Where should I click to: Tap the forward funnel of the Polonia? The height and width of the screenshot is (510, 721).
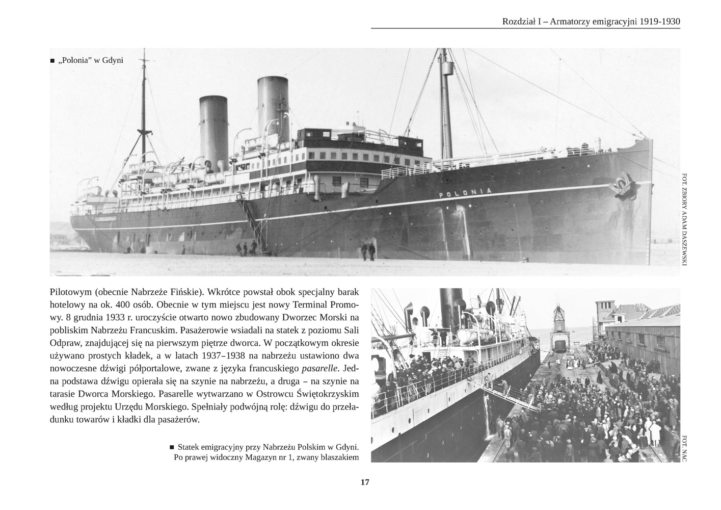click(x=273, y=105)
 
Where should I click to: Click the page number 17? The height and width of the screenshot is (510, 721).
click(x=365, y=482)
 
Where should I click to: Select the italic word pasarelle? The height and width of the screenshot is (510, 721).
click(x=320, y=368)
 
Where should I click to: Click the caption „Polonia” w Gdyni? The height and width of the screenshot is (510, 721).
click(x=91, y=60)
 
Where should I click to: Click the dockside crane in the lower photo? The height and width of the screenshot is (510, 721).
click(x=559, y=326)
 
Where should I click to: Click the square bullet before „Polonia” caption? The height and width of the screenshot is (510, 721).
click(x=52, y=61)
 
